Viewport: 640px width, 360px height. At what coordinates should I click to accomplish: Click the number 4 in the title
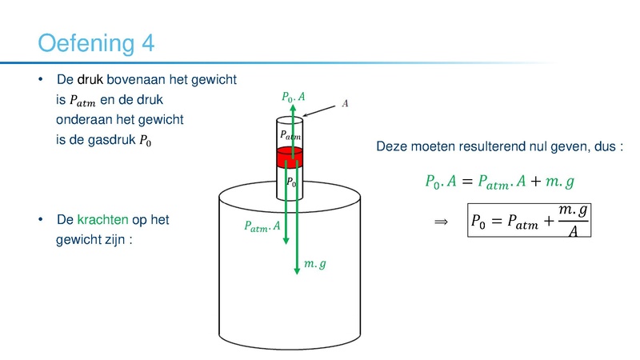click(148, 43)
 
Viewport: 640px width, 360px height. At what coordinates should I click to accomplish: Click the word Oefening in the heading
click(86, 44)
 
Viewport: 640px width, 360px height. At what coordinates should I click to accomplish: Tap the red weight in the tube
click(290, 158)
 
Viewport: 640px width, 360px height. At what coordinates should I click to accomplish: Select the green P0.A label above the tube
click(294, 97)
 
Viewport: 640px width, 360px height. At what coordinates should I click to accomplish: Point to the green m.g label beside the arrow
click(315, 264)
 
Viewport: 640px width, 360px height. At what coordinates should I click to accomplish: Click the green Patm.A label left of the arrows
click(262, 226)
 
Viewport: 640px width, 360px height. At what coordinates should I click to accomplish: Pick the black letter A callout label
click(345, 103)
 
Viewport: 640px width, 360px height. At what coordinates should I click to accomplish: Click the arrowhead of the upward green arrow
click(293, 108)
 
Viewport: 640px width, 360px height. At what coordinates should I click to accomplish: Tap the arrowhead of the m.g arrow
click(297, 271)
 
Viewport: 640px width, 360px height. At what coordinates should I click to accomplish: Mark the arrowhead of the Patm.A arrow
click(286, 241)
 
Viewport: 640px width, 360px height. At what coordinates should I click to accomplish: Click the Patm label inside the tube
click(290, 135)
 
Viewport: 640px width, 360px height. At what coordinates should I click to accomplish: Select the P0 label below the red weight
click(291, 182)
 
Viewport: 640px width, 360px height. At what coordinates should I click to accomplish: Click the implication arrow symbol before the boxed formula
click(441, 222)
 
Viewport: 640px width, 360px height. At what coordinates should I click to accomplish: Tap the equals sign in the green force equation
click(467, 182)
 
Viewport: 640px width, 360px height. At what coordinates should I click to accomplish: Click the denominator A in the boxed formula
click(573, 231)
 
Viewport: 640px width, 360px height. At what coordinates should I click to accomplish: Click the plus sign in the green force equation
click(535, 182)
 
